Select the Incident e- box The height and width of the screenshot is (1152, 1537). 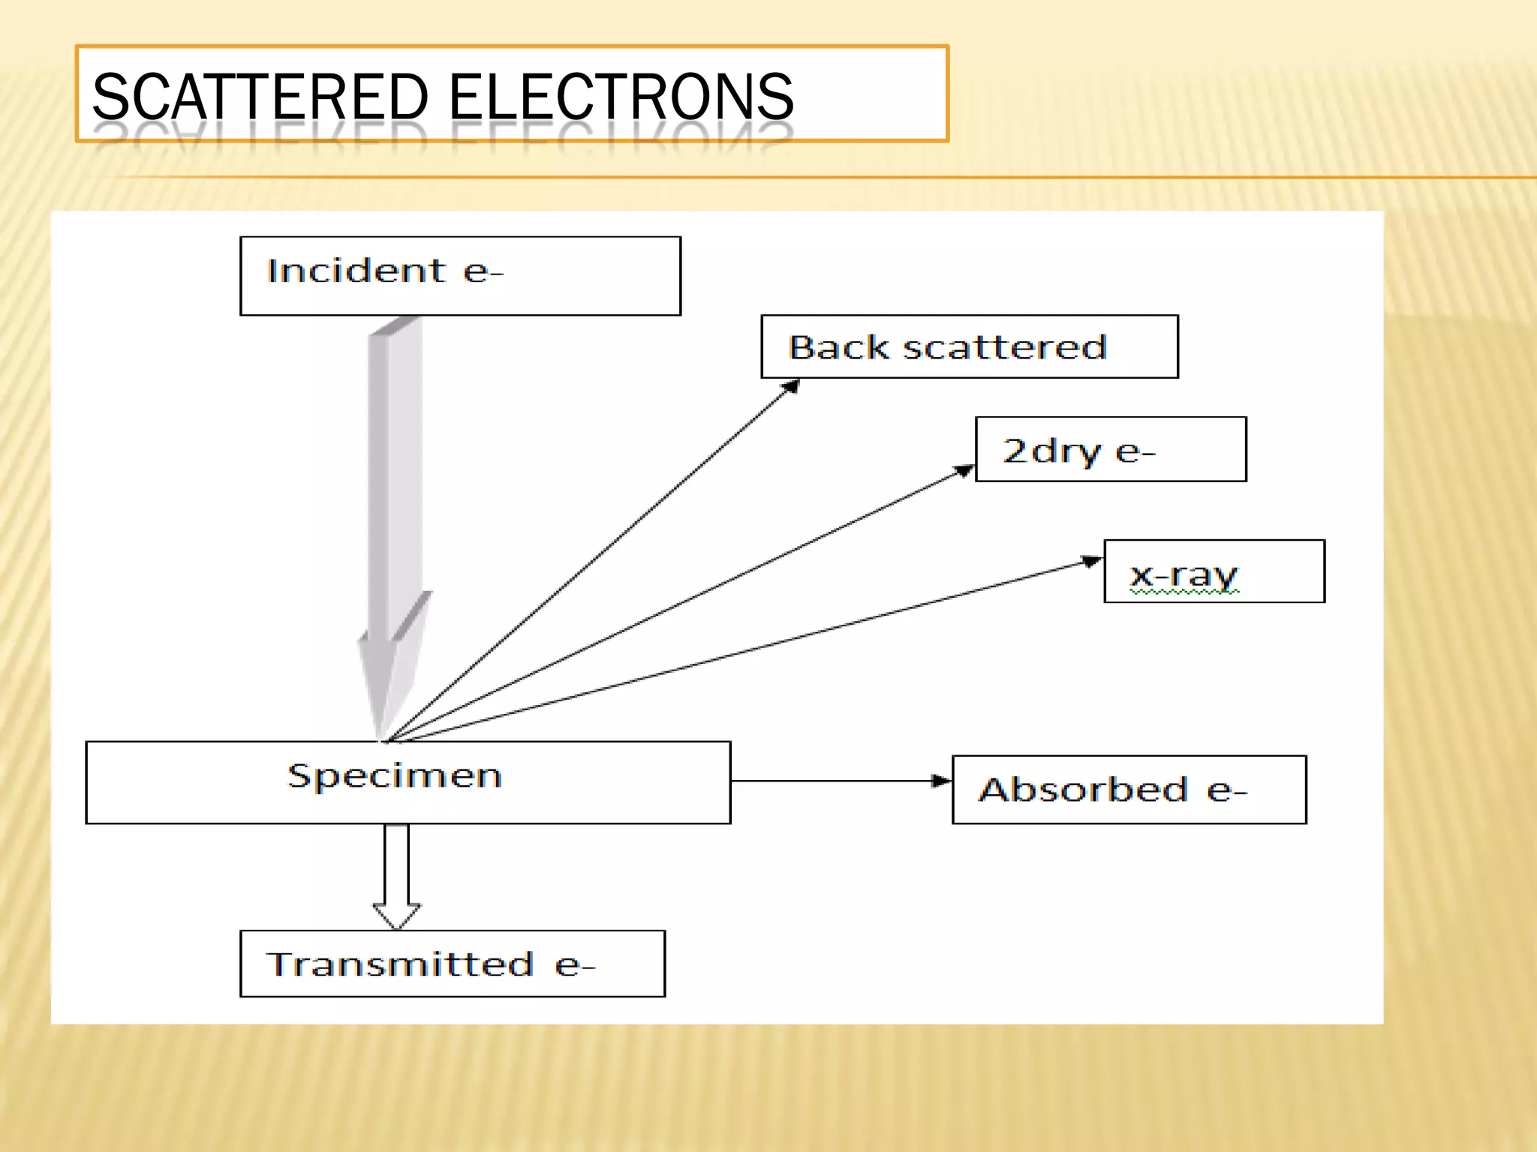tap(460, 276)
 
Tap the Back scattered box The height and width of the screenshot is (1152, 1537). tap(969, 346)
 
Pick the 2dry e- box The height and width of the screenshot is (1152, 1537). tap(1110, 449)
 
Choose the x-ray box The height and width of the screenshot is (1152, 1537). tap(1214, 571)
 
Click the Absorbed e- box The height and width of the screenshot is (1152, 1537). tap(1129, 790)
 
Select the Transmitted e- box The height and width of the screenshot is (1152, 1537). tap(452, 964)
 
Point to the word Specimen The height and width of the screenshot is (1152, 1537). tap(395, 775)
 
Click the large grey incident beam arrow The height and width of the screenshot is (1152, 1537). tap(394, 510)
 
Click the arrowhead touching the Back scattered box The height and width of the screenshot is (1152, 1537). tap(791, 387)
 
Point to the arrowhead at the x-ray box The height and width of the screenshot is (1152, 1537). tap(1092, 561)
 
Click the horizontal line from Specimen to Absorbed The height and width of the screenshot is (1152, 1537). tap(833, 781)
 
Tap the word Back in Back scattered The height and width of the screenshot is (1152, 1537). tap(838, 347)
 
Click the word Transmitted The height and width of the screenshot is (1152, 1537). tap(400, 964)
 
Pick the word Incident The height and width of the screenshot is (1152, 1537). tap(356, 271)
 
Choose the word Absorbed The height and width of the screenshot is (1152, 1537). tap(1083, 790)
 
